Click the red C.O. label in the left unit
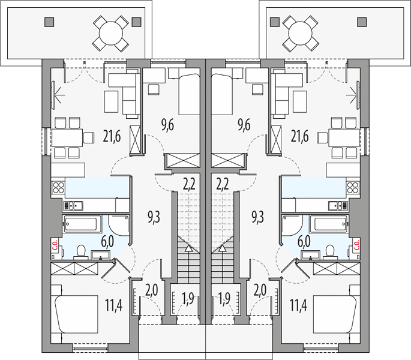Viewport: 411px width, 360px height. (55, 245)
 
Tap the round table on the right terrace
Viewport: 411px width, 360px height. (301, 34)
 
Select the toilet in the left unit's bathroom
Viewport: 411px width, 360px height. (80, 252)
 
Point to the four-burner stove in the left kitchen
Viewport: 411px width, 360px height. (58, 187)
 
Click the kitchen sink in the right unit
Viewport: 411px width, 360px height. (338, 206)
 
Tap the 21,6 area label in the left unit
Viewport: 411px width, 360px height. (112, 136)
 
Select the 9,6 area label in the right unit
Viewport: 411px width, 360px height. (244, 125)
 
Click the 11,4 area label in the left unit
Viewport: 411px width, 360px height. (113, 305)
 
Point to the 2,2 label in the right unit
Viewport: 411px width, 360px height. (223, 184)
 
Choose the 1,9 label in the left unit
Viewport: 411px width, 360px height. (188, 298)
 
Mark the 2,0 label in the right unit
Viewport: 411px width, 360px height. (260, 290)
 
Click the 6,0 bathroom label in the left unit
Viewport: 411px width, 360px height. (107, 241)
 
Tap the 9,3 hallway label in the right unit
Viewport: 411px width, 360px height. (257, 217)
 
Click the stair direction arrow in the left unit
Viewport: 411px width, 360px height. (188, 248)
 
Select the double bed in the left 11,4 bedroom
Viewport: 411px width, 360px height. (76, 314)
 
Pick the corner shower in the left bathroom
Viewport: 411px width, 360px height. (118, 226)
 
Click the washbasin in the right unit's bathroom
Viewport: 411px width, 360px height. (311, 254)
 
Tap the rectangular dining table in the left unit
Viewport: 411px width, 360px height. (67, 137)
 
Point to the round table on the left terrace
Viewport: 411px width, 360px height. (111, 34)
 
